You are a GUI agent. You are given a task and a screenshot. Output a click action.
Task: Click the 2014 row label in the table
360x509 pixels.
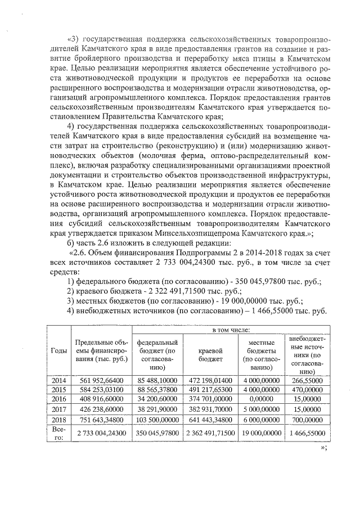(x=58, y=381)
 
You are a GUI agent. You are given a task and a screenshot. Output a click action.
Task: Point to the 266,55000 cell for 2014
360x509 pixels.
(x=307, y=381)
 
